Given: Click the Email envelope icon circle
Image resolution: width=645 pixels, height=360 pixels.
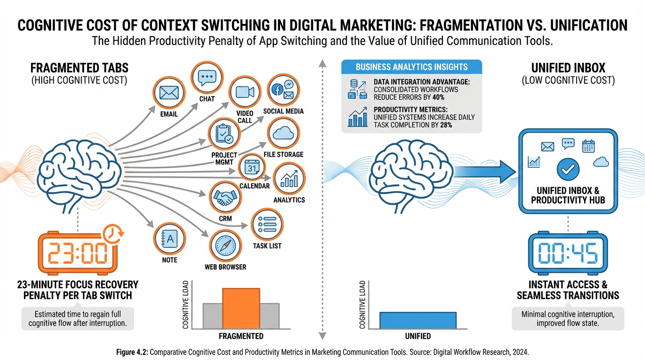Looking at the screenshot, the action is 169,93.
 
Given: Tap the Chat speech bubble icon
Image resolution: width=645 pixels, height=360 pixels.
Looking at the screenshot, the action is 207,78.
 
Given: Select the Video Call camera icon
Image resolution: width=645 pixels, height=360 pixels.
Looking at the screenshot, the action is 245,92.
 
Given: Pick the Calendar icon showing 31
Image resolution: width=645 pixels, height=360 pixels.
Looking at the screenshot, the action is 252,167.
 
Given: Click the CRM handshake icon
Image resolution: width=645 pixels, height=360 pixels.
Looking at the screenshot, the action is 225,197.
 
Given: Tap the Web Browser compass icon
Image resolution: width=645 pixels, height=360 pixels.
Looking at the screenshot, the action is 225,246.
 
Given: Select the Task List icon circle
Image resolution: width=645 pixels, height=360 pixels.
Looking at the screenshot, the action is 267,225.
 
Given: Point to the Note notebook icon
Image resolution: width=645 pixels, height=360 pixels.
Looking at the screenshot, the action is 170,239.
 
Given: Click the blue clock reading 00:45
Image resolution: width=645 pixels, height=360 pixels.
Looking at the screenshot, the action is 568,253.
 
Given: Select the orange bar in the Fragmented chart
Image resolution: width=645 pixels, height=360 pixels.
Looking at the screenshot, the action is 241,308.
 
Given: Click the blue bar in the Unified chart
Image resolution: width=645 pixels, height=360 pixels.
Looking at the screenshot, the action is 418,320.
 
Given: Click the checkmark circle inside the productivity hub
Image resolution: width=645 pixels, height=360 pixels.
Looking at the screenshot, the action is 568,169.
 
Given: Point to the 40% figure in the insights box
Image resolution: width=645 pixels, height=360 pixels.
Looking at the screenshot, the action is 438,97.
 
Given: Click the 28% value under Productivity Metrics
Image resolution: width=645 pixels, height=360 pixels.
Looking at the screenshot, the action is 446,125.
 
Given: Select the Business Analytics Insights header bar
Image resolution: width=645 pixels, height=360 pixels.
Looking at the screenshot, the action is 412,67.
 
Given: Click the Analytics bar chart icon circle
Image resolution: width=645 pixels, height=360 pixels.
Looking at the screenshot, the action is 289,179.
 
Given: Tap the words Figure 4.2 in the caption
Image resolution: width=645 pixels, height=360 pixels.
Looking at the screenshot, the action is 132,352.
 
